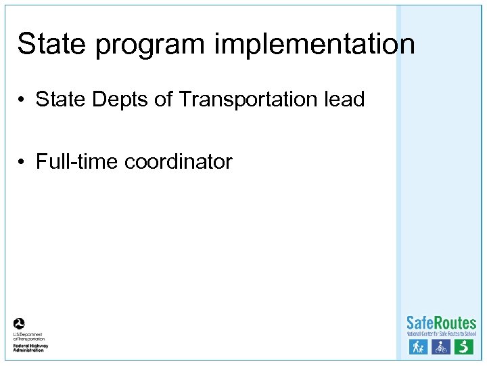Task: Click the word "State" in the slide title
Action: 51,45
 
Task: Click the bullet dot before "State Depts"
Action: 22,100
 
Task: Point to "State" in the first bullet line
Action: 61,100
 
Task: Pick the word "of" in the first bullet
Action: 164,100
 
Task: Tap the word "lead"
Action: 344,100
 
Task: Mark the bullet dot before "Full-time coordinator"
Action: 22,163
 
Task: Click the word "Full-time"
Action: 78,162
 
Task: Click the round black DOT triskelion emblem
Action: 20,324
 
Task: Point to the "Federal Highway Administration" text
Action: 30,346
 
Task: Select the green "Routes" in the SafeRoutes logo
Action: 455,323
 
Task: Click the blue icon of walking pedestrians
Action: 417,347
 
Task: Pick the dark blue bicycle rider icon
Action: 440,347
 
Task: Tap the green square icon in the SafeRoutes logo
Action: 463,347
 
